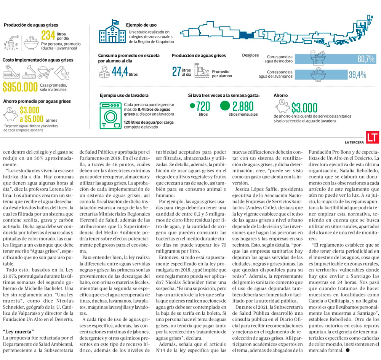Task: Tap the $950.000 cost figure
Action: (x=20, y=87)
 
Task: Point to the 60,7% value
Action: (x=366, y=59)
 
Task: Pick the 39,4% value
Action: (x=357, y=75)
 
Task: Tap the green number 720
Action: (x=203, y=106)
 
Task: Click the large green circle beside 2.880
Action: (x=225, y=106)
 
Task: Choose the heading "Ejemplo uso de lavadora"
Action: (x=124, y=96)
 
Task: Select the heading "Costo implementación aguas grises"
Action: (x=38, y=60)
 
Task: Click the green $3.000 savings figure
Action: (x=304, y=108)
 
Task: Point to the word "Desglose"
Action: (x=250, y=56)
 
